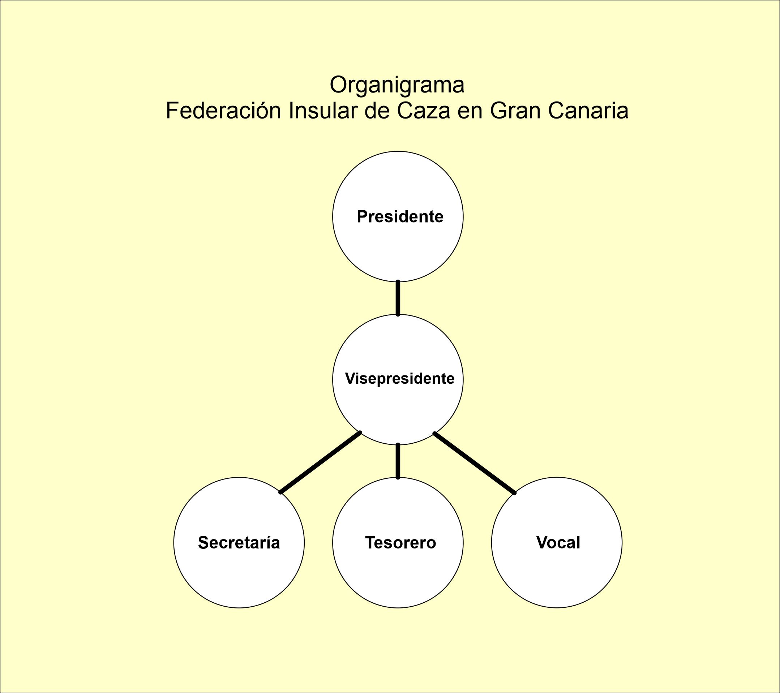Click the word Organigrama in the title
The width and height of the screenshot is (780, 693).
397,85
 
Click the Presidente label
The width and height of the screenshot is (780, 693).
400,217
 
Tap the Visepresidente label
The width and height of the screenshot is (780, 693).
399,379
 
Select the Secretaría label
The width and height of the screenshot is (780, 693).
239,542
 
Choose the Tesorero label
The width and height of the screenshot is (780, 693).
400,542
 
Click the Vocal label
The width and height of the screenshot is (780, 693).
558,542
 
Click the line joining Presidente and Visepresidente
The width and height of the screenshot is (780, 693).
398,298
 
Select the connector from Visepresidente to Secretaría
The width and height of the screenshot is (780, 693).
321,462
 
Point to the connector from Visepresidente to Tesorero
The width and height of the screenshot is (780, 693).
398,461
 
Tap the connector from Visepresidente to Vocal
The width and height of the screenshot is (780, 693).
474,462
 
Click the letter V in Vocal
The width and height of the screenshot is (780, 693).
541,542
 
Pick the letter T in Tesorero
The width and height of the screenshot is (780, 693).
370,542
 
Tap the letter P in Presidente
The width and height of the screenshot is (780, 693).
361,217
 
